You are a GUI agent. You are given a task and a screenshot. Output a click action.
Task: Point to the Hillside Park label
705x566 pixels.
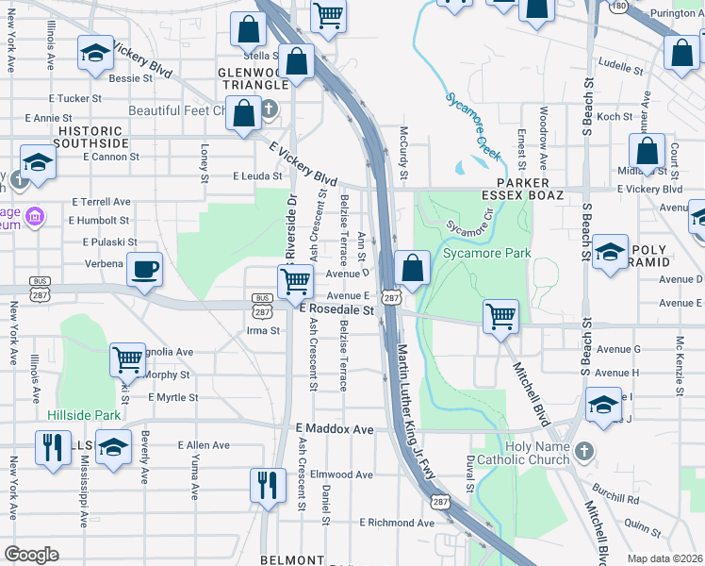tap(85, 415)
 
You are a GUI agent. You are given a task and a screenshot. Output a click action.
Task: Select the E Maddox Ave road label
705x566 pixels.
tap(335, 429)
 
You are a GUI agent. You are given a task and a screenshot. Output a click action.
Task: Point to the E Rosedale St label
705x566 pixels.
tap(336, 309)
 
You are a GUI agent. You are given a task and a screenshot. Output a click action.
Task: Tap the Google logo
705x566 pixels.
tap(31, 555)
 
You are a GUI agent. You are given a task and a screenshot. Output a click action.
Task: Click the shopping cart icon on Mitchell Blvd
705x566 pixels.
tap(500, 317)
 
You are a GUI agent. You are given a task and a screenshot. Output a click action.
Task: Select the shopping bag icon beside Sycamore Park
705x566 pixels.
tap(412, 269)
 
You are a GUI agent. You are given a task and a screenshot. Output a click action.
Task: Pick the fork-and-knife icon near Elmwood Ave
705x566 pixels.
tap(268, 484)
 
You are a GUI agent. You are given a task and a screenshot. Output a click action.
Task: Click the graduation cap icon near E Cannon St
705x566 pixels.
tap(38, 161)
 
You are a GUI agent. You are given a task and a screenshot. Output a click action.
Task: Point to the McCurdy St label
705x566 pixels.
tap(403, 154)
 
